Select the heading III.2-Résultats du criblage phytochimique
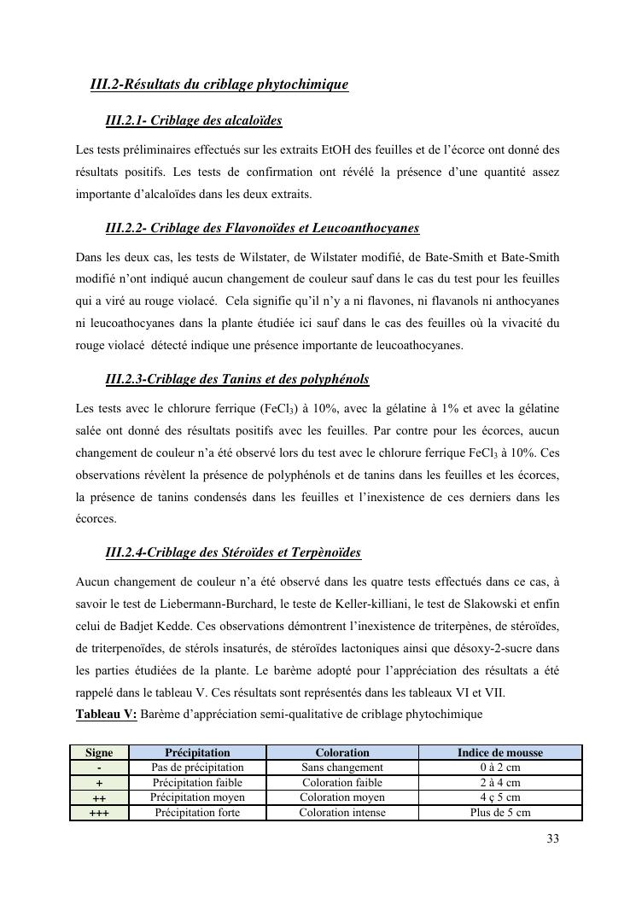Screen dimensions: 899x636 [219, 85]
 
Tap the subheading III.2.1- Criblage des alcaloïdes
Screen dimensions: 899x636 [193, 121]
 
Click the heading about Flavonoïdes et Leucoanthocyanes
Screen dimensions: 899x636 [261, 228]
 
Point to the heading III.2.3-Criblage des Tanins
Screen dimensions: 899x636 [236, 378]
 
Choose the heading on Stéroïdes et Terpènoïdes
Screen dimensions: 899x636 [232, 552]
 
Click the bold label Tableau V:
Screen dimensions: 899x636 [106, 714]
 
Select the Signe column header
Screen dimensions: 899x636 [99, 753]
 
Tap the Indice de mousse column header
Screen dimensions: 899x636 [499, 753]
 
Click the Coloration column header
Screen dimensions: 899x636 [342, 753]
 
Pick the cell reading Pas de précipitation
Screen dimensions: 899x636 [197, 768]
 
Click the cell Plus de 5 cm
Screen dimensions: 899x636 [499, 813]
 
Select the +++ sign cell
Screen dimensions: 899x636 [99, 813]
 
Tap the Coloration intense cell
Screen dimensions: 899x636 [342, 813]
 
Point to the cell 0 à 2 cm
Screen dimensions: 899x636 [499, 768]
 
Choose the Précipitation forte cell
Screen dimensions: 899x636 [197, 813]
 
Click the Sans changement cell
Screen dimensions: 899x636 [342, 768]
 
